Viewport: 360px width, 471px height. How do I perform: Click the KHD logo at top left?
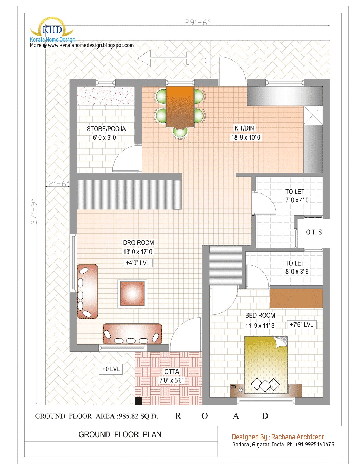[x=52, y=30]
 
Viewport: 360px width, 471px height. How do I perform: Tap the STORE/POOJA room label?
[x=106, y=129]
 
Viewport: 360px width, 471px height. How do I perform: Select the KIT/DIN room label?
[x=244, y=128]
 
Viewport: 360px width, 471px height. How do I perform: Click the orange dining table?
[x=180, y=106]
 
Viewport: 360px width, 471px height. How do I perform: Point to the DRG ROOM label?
[x=138, y=243]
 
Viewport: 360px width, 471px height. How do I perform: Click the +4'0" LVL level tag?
[x=137, y=263]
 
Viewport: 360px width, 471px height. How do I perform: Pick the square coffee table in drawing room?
[x=132, y=293]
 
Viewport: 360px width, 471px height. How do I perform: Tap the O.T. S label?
[x=314, y=232]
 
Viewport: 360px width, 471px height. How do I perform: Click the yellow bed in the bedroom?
[x=266, y=365]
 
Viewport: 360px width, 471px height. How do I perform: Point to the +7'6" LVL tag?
[x=301, y=324]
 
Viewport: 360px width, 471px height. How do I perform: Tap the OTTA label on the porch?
[x=172, y=372]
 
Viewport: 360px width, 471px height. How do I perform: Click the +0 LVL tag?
[x=111, y=369]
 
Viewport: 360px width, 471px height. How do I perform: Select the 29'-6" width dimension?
[x=197, y=23]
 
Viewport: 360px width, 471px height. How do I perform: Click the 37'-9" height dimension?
[x=34, y=212]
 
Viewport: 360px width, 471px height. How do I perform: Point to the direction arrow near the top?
[x=163, y=58]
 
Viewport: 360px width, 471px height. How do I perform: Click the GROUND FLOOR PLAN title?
[x=120, y=434]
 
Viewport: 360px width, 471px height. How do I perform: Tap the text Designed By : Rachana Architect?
[x=278, y=437]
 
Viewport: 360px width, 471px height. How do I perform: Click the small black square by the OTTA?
[x=138, y=401]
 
